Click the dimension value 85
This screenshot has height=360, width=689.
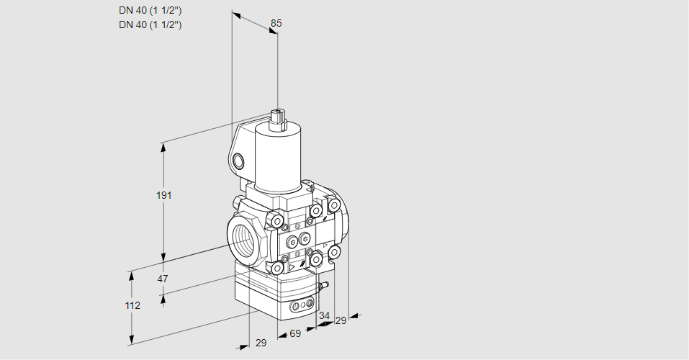(276, 23)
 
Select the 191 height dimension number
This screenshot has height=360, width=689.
(164, 195)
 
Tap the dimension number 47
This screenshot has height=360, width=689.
(163, 279)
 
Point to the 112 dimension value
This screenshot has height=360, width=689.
(132, 305)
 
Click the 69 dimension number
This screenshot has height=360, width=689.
(295, 333)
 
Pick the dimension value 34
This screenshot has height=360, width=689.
(324, 315)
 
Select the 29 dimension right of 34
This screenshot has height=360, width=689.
(341, 321)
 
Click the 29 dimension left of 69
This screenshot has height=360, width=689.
(261, 343)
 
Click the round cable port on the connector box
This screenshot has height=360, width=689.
(238, 161)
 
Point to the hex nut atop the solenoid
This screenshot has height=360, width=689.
(277, 116)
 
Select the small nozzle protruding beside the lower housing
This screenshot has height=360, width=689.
(325, 285)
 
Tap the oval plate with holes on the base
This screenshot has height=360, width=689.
(303, 304)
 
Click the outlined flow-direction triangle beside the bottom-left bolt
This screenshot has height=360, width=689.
(292, 267)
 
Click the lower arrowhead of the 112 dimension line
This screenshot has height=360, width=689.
(131, 341)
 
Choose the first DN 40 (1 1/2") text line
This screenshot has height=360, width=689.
(150, 11)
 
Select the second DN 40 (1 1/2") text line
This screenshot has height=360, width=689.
(150, 24)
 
